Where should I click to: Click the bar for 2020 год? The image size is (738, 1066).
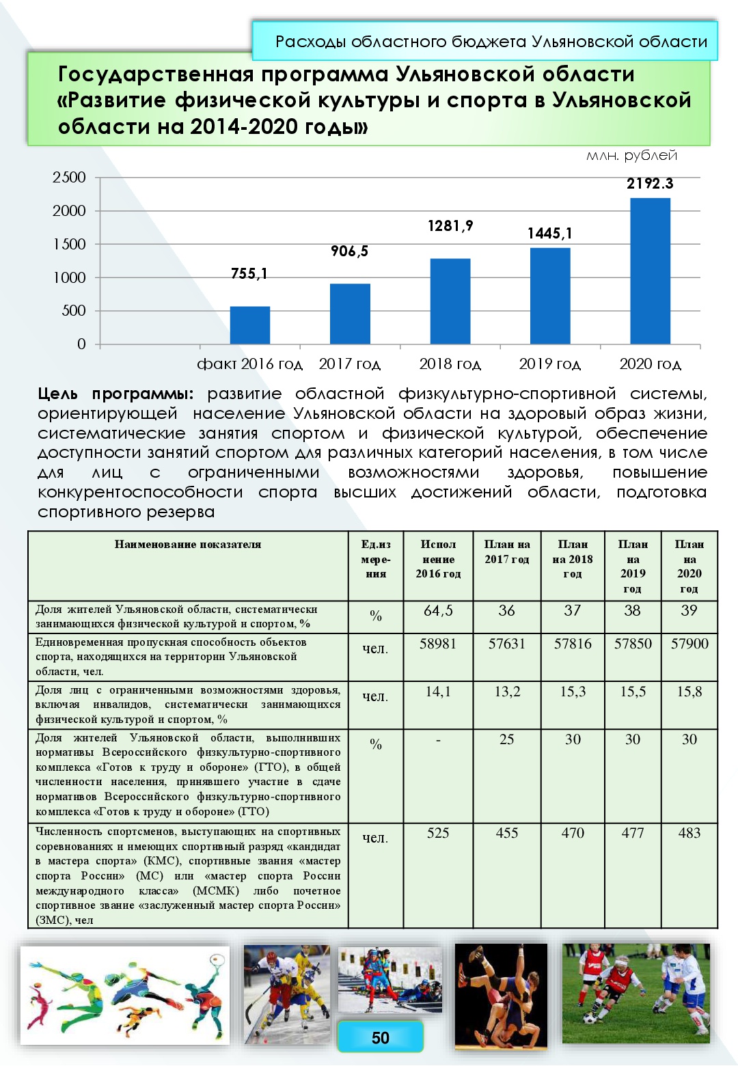click(650, 271)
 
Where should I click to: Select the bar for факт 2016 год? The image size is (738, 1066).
click(249, 325)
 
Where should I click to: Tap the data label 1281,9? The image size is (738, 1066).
click(450, 226)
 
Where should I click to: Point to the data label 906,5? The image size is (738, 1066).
click(349, 251)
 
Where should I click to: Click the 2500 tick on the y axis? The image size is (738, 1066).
click(69, 178)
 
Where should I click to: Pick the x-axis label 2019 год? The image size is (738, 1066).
click(550, 364)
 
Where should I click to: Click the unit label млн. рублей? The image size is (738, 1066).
click(631, 156)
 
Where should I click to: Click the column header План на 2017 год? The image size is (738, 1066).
click(506, 551)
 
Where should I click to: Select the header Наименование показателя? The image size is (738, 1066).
click(188, 545)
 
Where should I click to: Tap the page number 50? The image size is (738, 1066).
click(380, 1038)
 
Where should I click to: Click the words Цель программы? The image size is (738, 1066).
click(115, 394)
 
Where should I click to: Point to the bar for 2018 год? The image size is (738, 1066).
click(450, 301)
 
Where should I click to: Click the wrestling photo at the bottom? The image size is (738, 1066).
click(501, 996)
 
